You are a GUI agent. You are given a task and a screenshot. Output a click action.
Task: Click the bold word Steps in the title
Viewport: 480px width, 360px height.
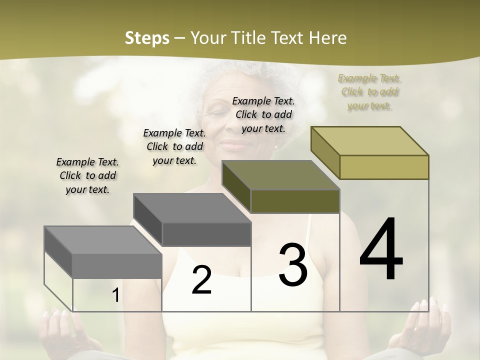(x=147, y=38)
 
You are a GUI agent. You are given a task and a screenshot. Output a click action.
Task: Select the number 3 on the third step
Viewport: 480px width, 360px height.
(x=292, y=265)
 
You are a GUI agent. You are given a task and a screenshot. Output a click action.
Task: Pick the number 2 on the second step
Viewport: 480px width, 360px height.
(x=201, y=280)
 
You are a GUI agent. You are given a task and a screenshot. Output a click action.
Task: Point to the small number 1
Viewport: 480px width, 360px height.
(x=115, y=295)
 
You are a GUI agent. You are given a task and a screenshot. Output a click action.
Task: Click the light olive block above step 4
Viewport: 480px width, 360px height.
(x=370, y=152)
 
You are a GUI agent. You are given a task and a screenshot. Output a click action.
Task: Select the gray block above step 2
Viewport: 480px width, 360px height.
(x=192, y=220)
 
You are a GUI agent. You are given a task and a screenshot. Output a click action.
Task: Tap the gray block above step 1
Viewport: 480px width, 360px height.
(x=103, y=252)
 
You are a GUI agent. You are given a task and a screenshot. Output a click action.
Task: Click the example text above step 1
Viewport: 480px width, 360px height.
(x=87, y=175)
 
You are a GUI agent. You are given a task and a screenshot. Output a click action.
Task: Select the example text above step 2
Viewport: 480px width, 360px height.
(x=174, y=146)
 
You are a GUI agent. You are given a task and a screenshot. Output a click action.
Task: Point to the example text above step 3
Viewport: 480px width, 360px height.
(x=263, y=114)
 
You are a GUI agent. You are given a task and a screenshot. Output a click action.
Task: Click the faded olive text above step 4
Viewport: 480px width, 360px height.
(x=369, y=91)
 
